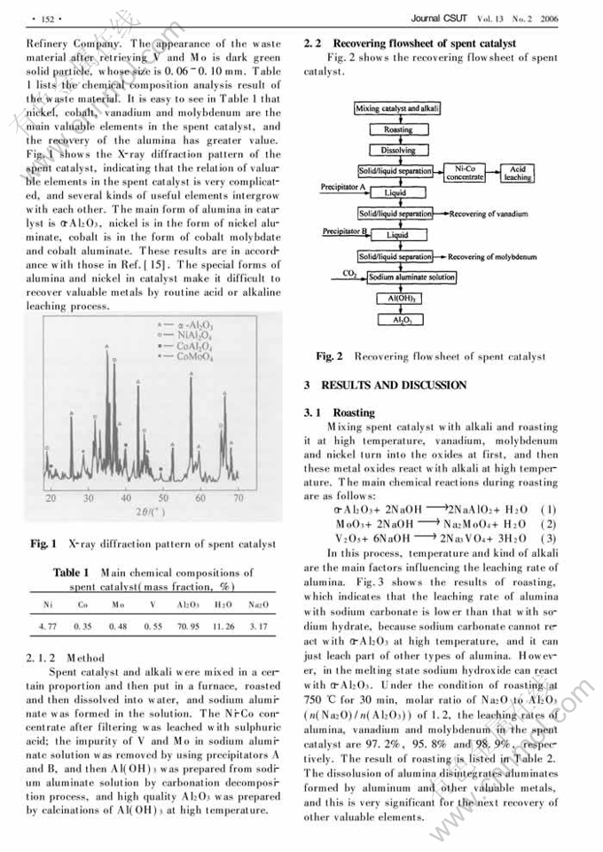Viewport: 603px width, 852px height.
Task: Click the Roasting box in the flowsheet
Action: click(398, 129)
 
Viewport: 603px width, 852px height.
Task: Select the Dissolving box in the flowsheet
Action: click(398, 151)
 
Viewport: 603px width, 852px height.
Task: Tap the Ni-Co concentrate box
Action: click(465, 172)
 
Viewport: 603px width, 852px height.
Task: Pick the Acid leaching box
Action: click(517, 172)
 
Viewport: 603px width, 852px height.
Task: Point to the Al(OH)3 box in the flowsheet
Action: click(398, 299)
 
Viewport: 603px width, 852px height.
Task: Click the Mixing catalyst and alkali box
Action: click(398, 108)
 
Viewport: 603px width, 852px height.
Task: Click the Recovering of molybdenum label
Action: click(492, 257)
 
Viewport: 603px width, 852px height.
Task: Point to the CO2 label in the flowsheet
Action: click(349, 274)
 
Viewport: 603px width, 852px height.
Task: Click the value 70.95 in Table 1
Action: click(189, 628)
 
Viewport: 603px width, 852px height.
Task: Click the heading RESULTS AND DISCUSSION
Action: click(390, 385)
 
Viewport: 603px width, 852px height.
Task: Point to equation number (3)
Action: click(548, 537)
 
